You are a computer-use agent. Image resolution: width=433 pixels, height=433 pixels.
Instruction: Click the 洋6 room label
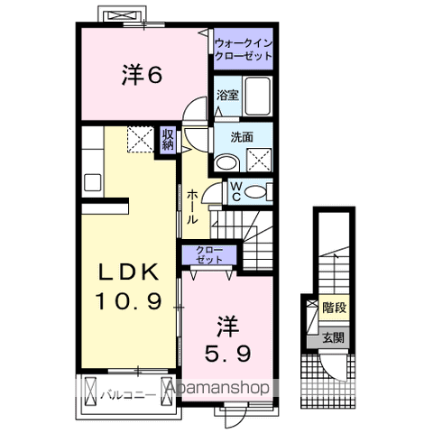coord(142,75)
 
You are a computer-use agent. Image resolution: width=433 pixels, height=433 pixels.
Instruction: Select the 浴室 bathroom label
coord(227,97)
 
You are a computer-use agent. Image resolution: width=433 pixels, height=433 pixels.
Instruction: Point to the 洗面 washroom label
coord(241,138)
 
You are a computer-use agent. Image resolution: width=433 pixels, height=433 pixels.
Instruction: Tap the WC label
coord(234,190)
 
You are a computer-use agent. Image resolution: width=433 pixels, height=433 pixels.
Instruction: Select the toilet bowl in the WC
coord(256,190)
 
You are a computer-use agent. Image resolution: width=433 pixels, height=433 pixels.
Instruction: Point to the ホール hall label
coord(193,207)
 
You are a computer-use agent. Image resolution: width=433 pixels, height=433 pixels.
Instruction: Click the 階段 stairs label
coord(334,307)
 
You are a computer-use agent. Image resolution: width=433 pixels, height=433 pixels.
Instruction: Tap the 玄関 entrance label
coord(333,338)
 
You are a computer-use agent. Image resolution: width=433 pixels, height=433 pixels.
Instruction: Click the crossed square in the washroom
coord(259,161)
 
